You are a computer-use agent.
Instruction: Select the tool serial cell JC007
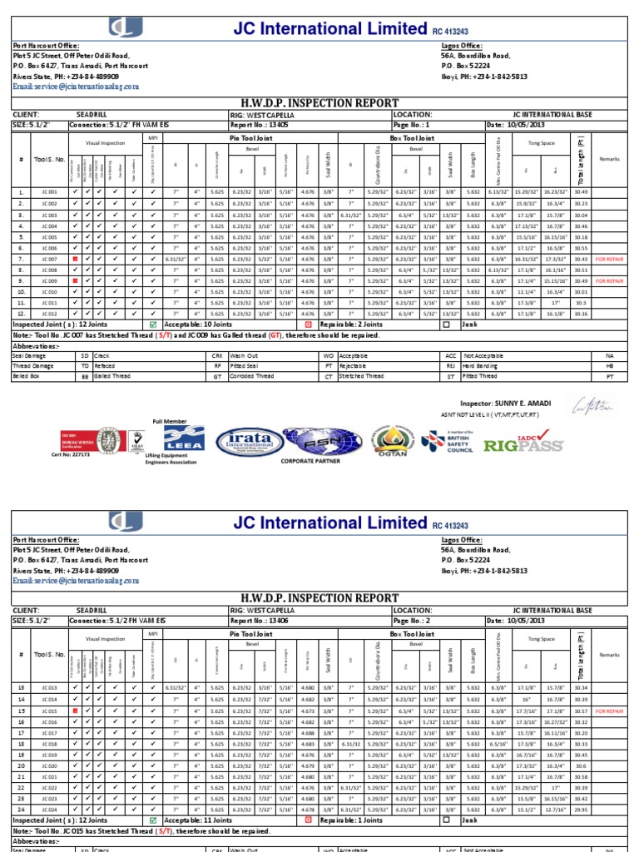[x=49, y=259]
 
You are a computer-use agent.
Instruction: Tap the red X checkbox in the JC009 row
[x=77, y=281]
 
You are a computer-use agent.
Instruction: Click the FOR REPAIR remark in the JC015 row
[x=610, y=711]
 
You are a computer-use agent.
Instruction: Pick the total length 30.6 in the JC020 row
[x=580, y=765]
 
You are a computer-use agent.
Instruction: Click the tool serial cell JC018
[x=49, y=744]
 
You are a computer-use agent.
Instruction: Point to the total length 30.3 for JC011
[x=580, y=303]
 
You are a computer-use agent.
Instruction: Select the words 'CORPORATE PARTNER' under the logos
[x=309, y=459]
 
